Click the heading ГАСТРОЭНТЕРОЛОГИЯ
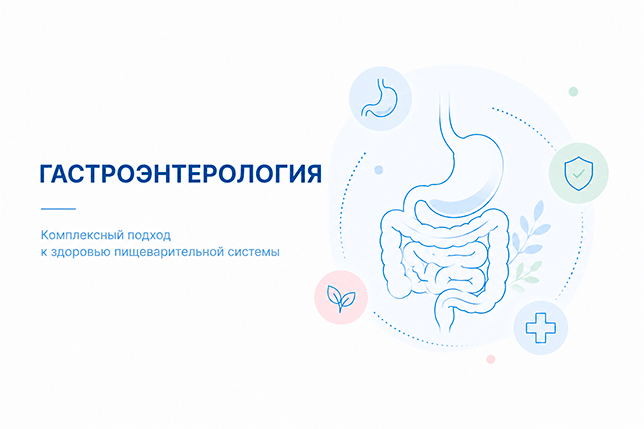click(x=180, y=174)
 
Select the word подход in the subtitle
click(x=149, y=236)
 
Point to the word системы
click(x=256, y=252)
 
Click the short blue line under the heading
click(x=58, y=209)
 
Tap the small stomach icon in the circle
click(x=380, y=99)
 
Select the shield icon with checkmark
click(x=578, y=173)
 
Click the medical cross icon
click(x=540, y=328)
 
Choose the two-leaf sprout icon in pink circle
click(x=341, y=298)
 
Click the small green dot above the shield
click(x=573, y=92)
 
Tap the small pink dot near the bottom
click(x=491, y=359)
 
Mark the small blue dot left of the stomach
click(x=379, y=170)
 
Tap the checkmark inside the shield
click(x=579, y=174)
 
